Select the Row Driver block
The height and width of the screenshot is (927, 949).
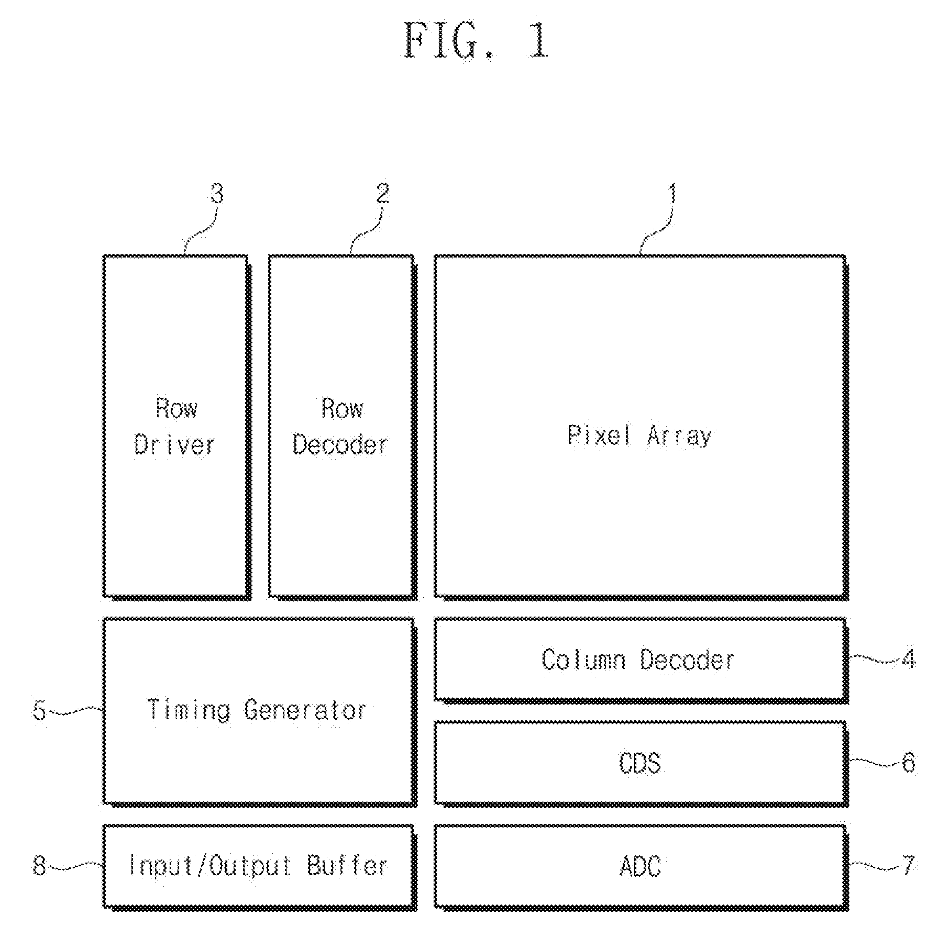(x=176, y=427)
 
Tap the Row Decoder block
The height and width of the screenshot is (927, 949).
(x=343, y=427)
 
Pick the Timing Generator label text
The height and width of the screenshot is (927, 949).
(x=257, y=710)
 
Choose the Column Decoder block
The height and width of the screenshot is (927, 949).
(x=641, y=660)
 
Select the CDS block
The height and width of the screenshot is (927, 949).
(x=641, y=764)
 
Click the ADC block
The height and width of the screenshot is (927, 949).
(x=641, y=867)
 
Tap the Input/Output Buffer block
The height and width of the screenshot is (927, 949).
(x=259, y=867)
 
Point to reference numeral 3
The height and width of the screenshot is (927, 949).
(x=217, y=194)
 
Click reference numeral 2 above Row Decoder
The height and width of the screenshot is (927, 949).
(x=383, y=194)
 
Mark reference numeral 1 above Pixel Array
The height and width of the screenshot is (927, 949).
(x=672, y=194)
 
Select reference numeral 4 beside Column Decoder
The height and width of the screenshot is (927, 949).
(x=909, y=660)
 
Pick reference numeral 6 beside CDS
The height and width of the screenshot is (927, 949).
(x=909, y=763)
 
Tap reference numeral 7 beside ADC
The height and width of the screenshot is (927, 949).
(x=909, y=866)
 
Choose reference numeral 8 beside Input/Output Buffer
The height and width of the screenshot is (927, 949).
(x=40, y=866)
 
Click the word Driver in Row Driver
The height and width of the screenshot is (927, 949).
(x=175, y=445)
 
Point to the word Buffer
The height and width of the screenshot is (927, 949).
(x=347, y=866)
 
